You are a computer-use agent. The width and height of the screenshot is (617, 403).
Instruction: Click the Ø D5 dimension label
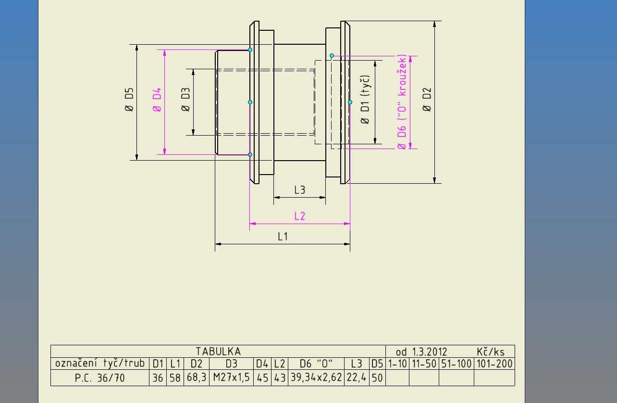tap(128, 100)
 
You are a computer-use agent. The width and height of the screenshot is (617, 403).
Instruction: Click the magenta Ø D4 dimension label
tap(157, 100)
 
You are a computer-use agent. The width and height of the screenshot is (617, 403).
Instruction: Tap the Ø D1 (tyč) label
tap(365, 100)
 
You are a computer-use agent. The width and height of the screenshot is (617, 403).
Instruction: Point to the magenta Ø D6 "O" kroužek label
tap(402, 102)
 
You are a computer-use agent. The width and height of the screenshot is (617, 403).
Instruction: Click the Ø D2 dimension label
tap(427, 100)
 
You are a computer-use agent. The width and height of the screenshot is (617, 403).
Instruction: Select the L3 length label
tap(299, 190)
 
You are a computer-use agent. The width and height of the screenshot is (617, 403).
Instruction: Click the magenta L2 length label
tap(299, 216)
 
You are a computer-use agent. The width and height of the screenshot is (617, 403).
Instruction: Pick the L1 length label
tap(283, 236)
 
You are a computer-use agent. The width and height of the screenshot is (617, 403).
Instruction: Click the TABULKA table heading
tap(218, 352)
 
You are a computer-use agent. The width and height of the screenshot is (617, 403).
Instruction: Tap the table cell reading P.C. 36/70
tap(99, 378)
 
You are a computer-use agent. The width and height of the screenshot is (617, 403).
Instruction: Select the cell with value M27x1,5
tap(231, 378)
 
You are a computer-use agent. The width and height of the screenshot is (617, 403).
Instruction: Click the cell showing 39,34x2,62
tap(316, 378)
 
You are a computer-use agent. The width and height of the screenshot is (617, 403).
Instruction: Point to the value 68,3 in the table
tap(196, 378)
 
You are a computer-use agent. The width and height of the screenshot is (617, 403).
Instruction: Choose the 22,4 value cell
tap(356, 378)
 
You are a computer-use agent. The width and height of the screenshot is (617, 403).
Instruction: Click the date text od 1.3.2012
tap(421, 352)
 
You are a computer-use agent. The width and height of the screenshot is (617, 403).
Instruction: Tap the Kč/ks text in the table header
tap(491, 352)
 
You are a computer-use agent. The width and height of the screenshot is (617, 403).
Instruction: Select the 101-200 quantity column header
tap(494, 364)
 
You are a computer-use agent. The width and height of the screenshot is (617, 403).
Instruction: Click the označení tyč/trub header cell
tap(99, 363)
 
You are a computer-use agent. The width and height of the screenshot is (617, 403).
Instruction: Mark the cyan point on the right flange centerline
tap(350, 102)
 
